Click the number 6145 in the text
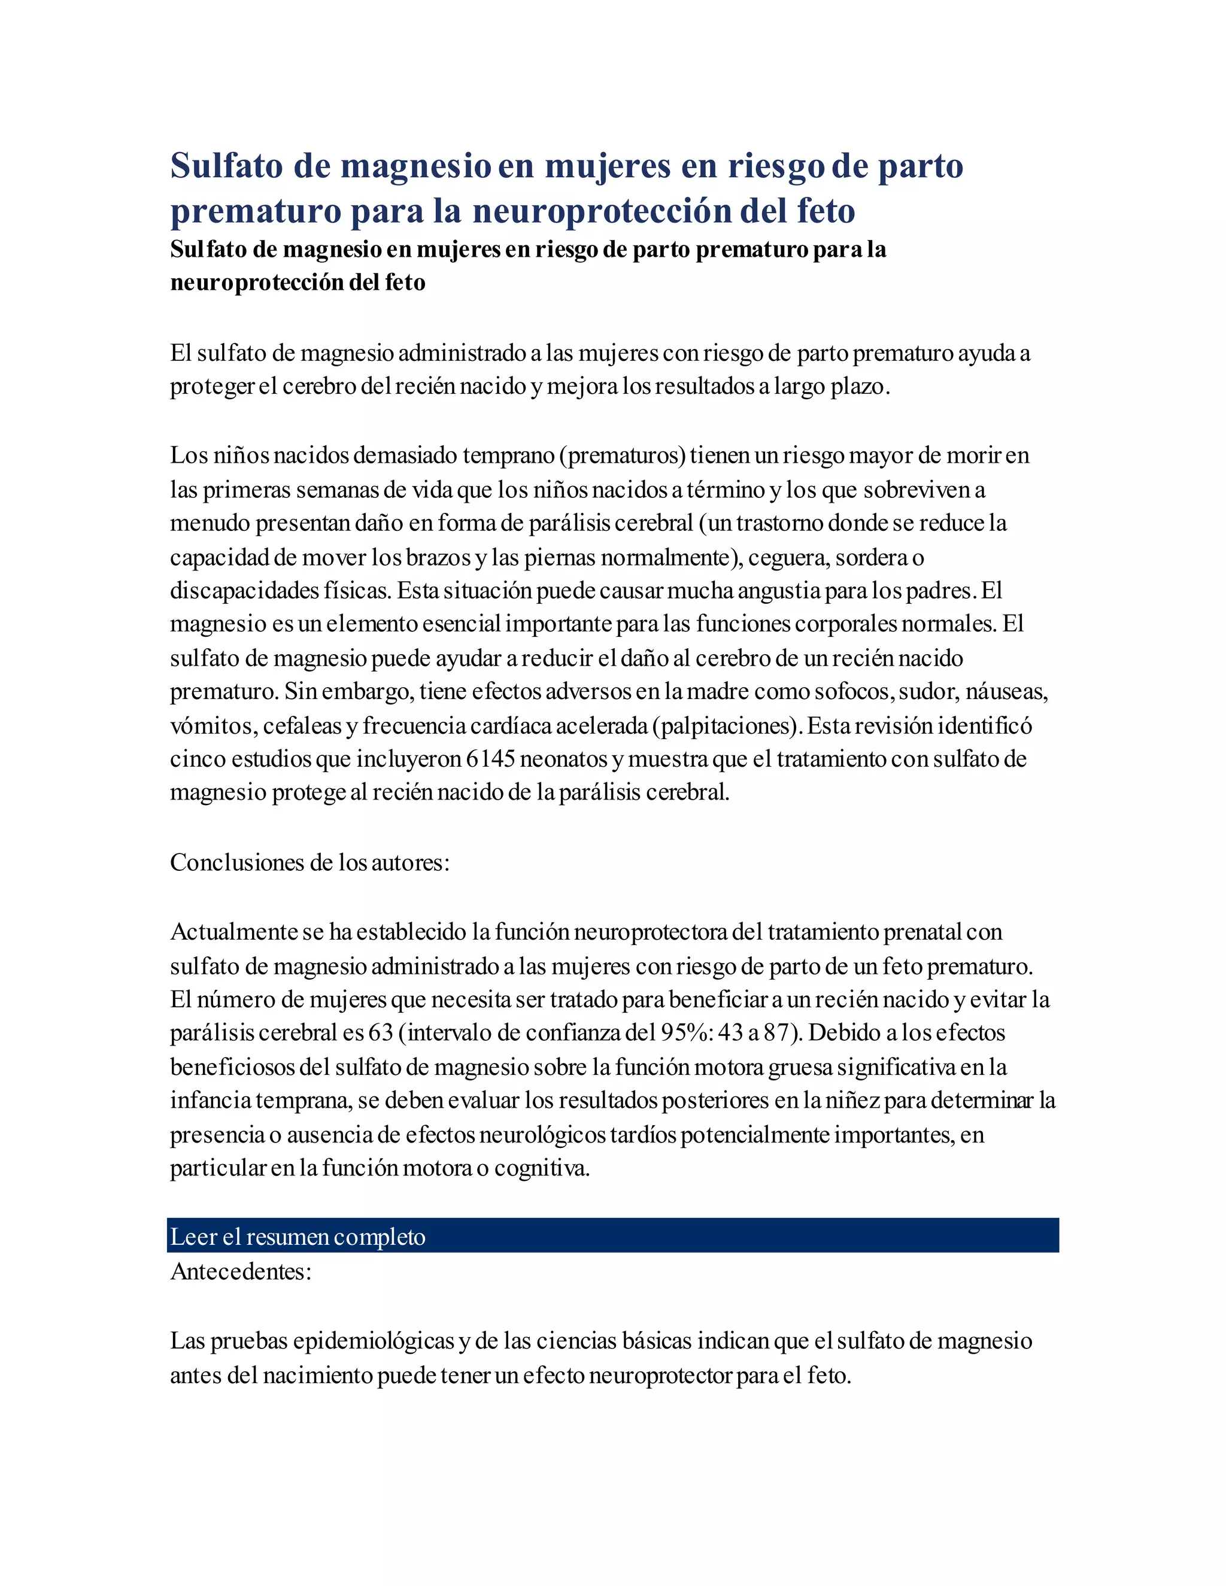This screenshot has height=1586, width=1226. (x=490, y=759)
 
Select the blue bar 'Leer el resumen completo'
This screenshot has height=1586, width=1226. (x=612, y=1236)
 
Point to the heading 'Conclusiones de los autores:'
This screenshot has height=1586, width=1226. (x=309, y=862)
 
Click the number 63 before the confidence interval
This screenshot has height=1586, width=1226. (x=381, y=1032)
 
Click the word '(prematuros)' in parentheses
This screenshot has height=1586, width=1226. (x=623, y=455)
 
